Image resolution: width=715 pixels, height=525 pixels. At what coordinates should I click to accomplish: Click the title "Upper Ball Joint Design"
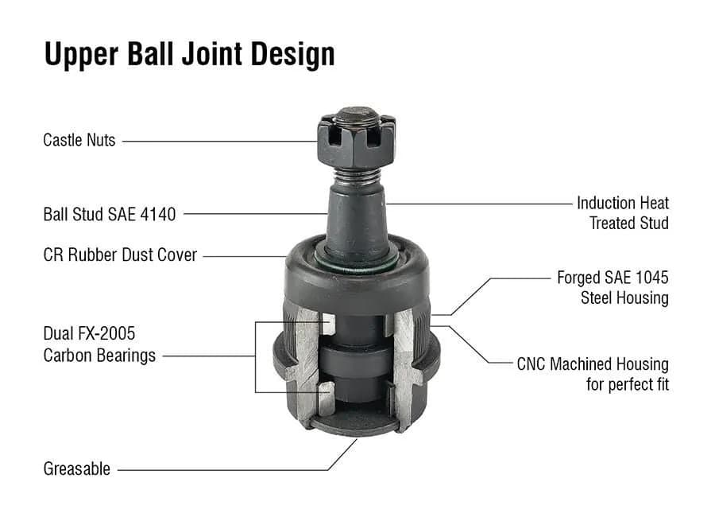click(x=189, y=54)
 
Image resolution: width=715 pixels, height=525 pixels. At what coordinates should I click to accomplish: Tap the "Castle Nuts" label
click(x=79, y=141)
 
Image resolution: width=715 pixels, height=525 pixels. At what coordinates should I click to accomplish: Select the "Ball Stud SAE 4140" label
click(x=109, y=214)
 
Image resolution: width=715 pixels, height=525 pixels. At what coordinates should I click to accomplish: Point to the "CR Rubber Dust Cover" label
click(x=120, y=256)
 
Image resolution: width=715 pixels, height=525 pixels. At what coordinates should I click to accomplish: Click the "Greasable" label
click(x=76, y=469)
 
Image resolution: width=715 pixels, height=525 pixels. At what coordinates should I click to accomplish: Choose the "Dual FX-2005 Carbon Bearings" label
click(x=99, y=344)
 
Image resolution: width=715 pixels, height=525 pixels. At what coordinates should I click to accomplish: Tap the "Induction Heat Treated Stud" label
click(x=623, y=213)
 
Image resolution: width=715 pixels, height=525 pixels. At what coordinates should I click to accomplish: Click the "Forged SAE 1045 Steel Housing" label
click(x=613, y=288)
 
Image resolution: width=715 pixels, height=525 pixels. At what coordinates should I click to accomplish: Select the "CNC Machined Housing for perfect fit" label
click(x=593, y=375)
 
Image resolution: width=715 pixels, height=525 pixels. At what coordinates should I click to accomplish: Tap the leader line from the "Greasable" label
click(x=222, y=469)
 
